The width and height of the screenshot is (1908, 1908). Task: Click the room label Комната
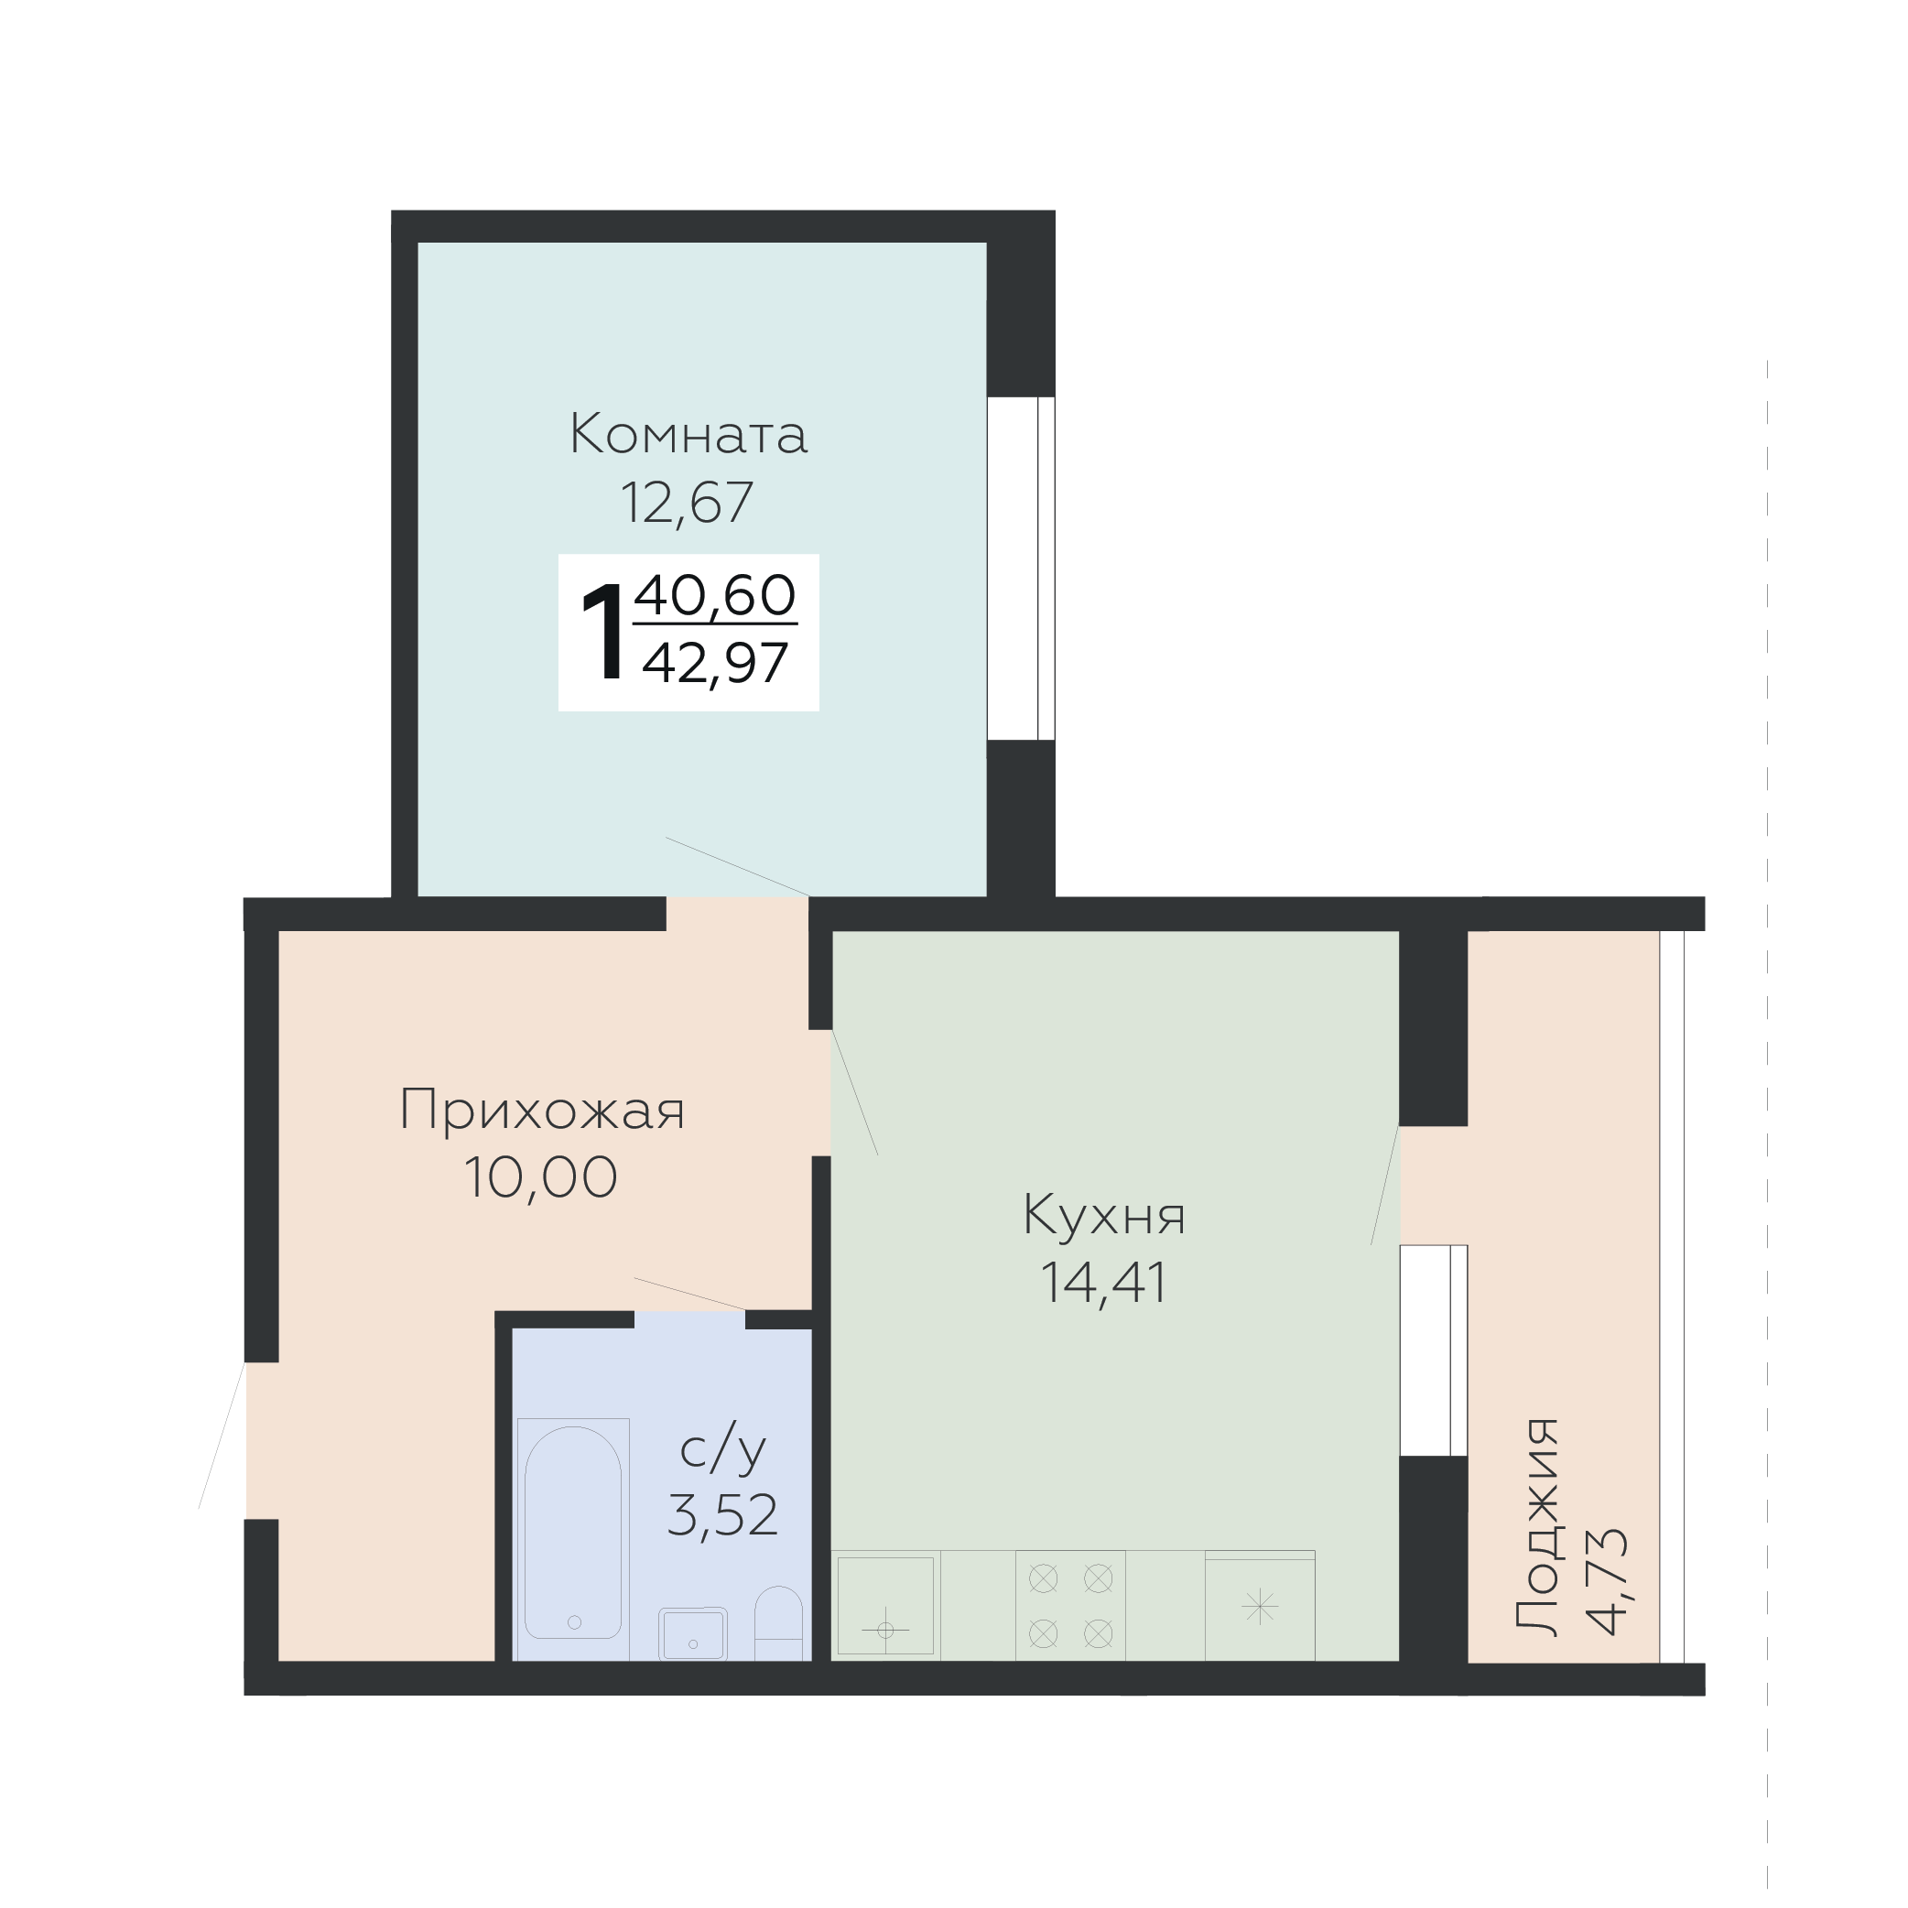[688, 435]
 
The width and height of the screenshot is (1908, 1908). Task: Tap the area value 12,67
[688, 503]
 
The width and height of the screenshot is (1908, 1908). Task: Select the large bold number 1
[603, 631]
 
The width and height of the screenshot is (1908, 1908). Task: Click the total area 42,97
[715, 663]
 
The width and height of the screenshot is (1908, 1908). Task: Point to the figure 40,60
[715, 594]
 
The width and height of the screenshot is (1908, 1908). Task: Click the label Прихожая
[542, 1109]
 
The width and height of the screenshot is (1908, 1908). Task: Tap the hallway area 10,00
[541, 1177]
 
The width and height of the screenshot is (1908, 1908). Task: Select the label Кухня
[1104, 1215]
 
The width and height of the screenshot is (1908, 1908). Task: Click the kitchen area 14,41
[1104, 1283]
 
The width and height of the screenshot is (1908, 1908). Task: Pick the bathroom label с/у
[724, 1447]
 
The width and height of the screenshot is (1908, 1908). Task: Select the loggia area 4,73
[1606, 1582]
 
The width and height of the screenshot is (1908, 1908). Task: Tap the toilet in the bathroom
[779, 1624]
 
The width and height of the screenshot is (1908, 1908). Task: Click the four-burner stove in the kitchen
[1070, 1606]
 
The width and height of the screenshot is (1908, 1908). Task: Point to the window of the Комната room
[1021, 568]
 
